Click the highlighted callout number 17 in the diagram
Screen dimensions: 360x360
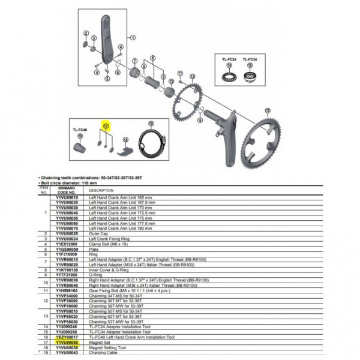[106, 126]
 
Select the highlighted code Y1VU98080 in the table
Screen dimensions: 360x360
[67, 343]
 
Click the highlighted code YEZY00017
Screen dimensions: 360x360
[67, 338]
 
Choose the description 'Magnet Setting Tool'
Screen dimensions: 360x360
[107, 347]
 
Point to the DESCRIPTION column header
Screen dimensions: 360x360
[100, 190]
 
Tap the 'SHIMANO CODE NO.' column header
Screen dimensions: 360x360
[67, 190]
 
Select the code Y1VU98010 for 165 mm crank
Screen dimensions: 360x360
[67, 197]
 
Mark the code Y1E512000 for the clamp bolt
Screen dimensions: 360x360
[67, 243]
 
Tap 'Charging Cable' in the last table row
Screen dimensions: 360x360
[103, 353]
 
